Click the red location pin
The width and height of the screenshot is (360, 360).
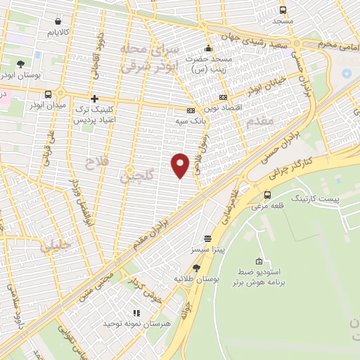coord(181,165)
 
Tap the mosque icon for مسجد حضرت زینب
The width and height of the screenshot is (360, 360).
coord(208,49)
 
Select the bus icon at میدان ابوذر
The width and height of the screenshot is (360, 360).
coord(48,94)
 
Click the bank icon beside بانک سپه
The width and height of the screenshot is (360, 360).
coord(190,110)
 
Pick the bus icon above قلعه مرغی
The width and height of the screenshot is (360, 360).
coord(267,195)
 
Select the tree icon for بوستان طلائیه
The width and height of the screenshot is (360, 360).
coord(196,267)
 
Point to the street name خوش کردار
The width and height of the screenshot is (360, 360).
coord(146,286)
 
